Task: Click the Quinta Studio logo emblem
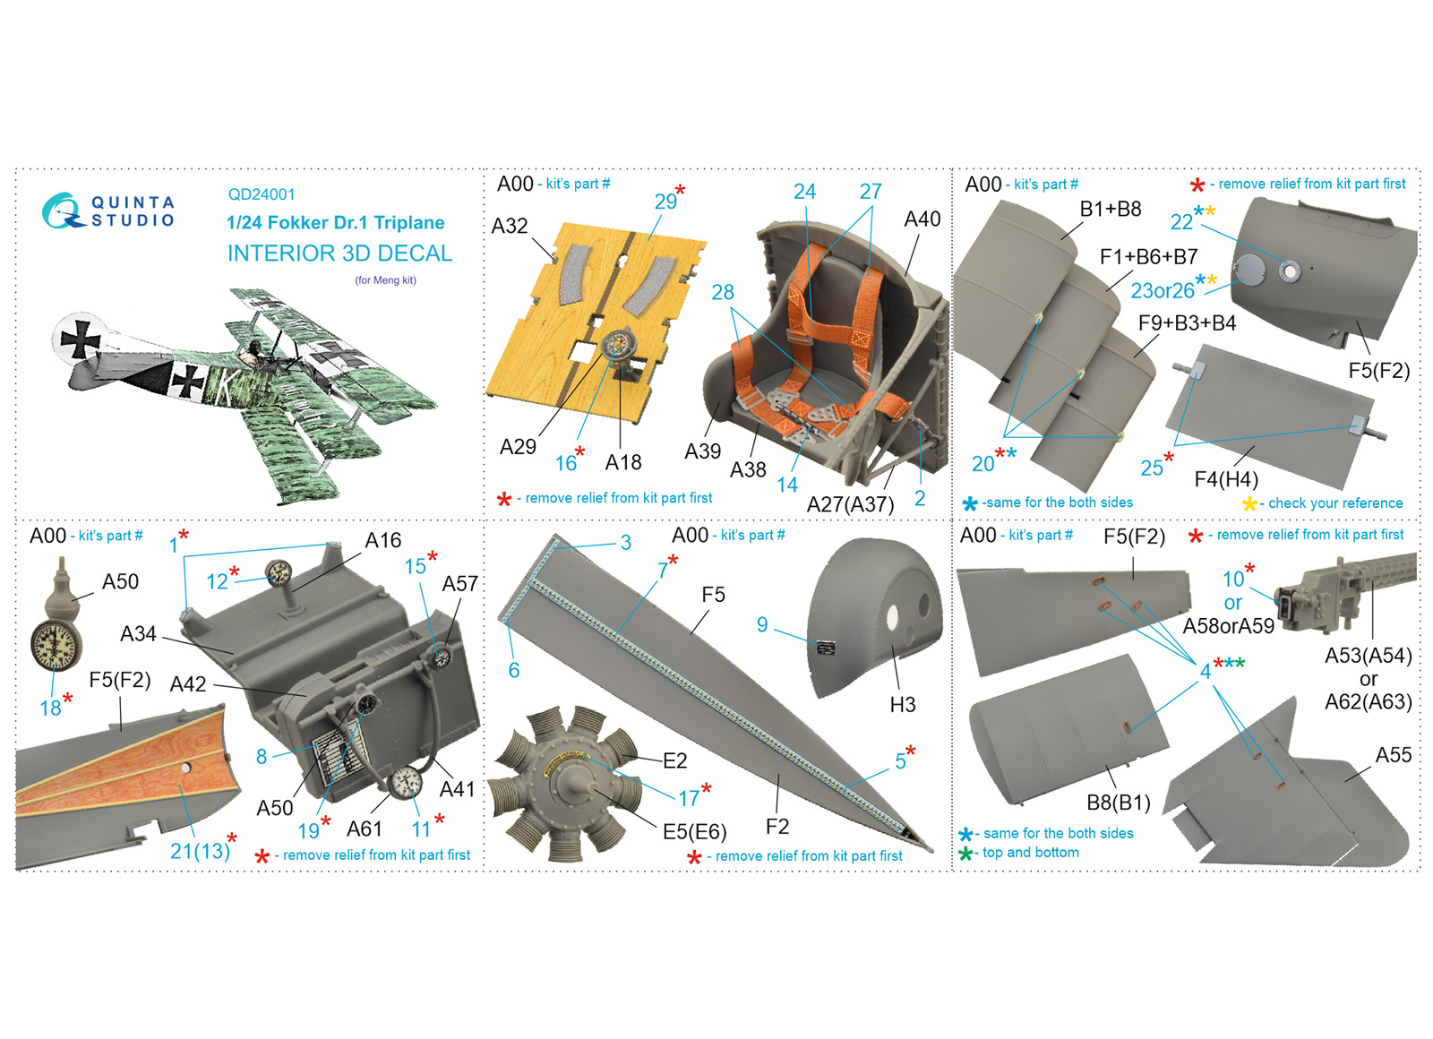(x=63, y=211)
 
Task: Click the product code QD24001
(x=261, y=194)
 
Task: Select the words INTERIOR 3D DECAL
(x=339, y=253)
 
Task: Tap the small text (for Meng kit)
(x=386, y=280)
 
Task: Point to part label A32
(x=510, y=226)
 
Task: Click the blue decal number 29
(x=665, y=202)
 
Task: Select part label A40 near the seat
(x=922, y=219)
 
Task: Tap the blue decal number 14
(x=787, y=485)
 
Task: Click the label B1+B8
(x=1110, y=210)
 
